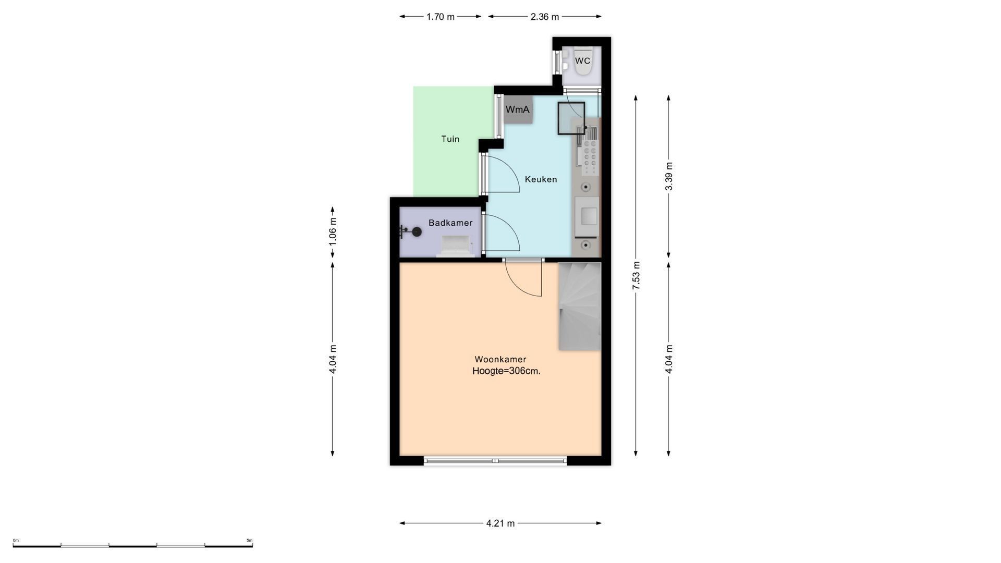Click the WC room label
point(582,61)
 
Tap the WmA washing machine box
point(518,109)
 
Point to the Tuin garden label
point(450,139)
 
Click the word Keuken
point(541,179)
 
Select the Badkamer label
point(450,223)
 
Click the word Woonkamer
point(500,359)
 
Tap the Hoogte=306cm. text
point(506,371)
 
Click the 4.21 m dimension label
point(500,523)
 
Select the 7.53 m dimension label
point(636,276)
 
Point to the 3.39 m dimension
point(669,176)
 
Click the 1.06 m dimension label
point(333,230)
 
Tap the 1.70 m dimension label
point(441,17)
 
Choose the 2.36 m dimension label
point(545,17)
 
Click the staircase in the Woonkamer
point(580,307)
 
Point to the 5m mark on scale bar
point(250,541)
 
